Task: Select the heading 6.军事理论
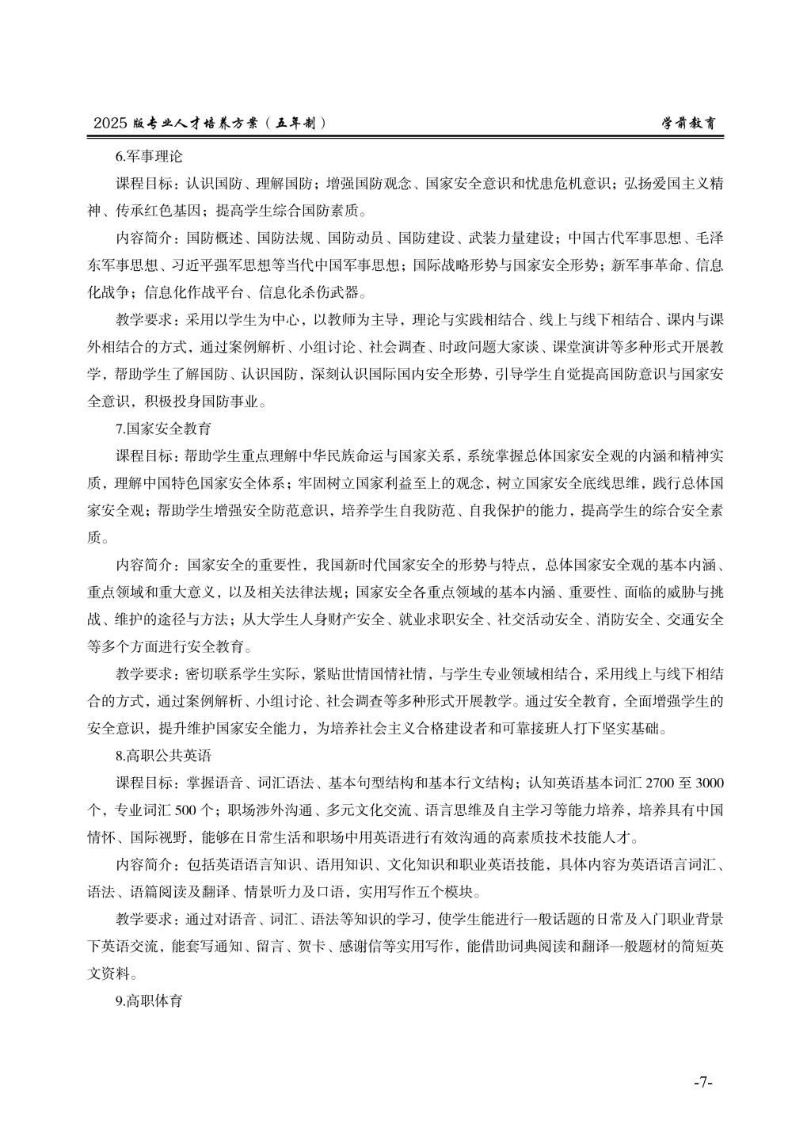[149, 156]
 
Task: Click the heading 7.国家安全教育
[163, 429]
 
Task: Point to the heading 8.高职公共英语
[163, 756]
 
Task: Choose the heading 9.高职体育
[149, 1000]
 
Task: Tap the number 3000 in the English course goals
[709, 783]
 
